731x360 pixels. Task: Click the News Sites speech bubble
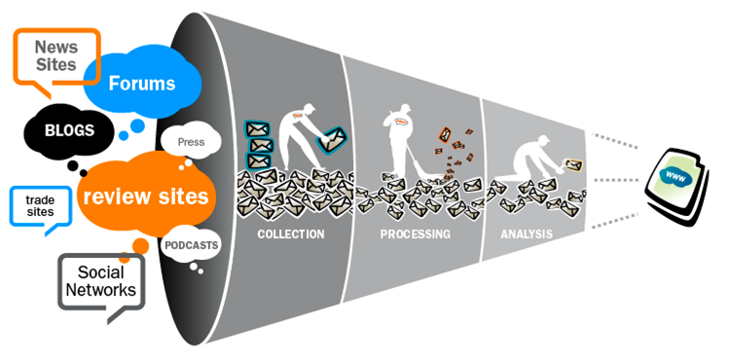click(56, 56)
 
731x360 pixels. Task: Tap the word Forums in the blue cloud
click(142, 84)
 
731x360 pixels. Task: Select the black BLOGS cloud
click(69, 130)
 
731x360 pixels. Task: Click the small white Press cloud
click(191, 142)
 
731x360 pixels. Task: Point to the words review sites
click(145, 197)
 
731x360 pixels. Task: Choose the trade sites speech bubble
click(41, 207)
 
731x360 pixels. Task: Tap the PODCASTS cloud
click(191, 245)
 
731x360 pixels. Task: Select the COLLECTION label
click(291, 234)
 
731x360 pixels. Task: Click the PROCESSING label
click(416, 234)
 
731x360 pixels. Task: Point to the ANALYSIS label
click(527, 234)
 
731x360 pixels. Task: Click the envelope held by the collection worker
click(332, 138)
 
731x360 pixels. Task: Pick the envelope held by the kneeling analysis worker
click(574, 164)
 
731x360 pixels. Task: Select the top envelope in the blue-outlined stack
click(256, 129)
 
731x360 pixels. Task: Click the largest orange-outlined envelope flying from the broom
click(445, 134)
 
